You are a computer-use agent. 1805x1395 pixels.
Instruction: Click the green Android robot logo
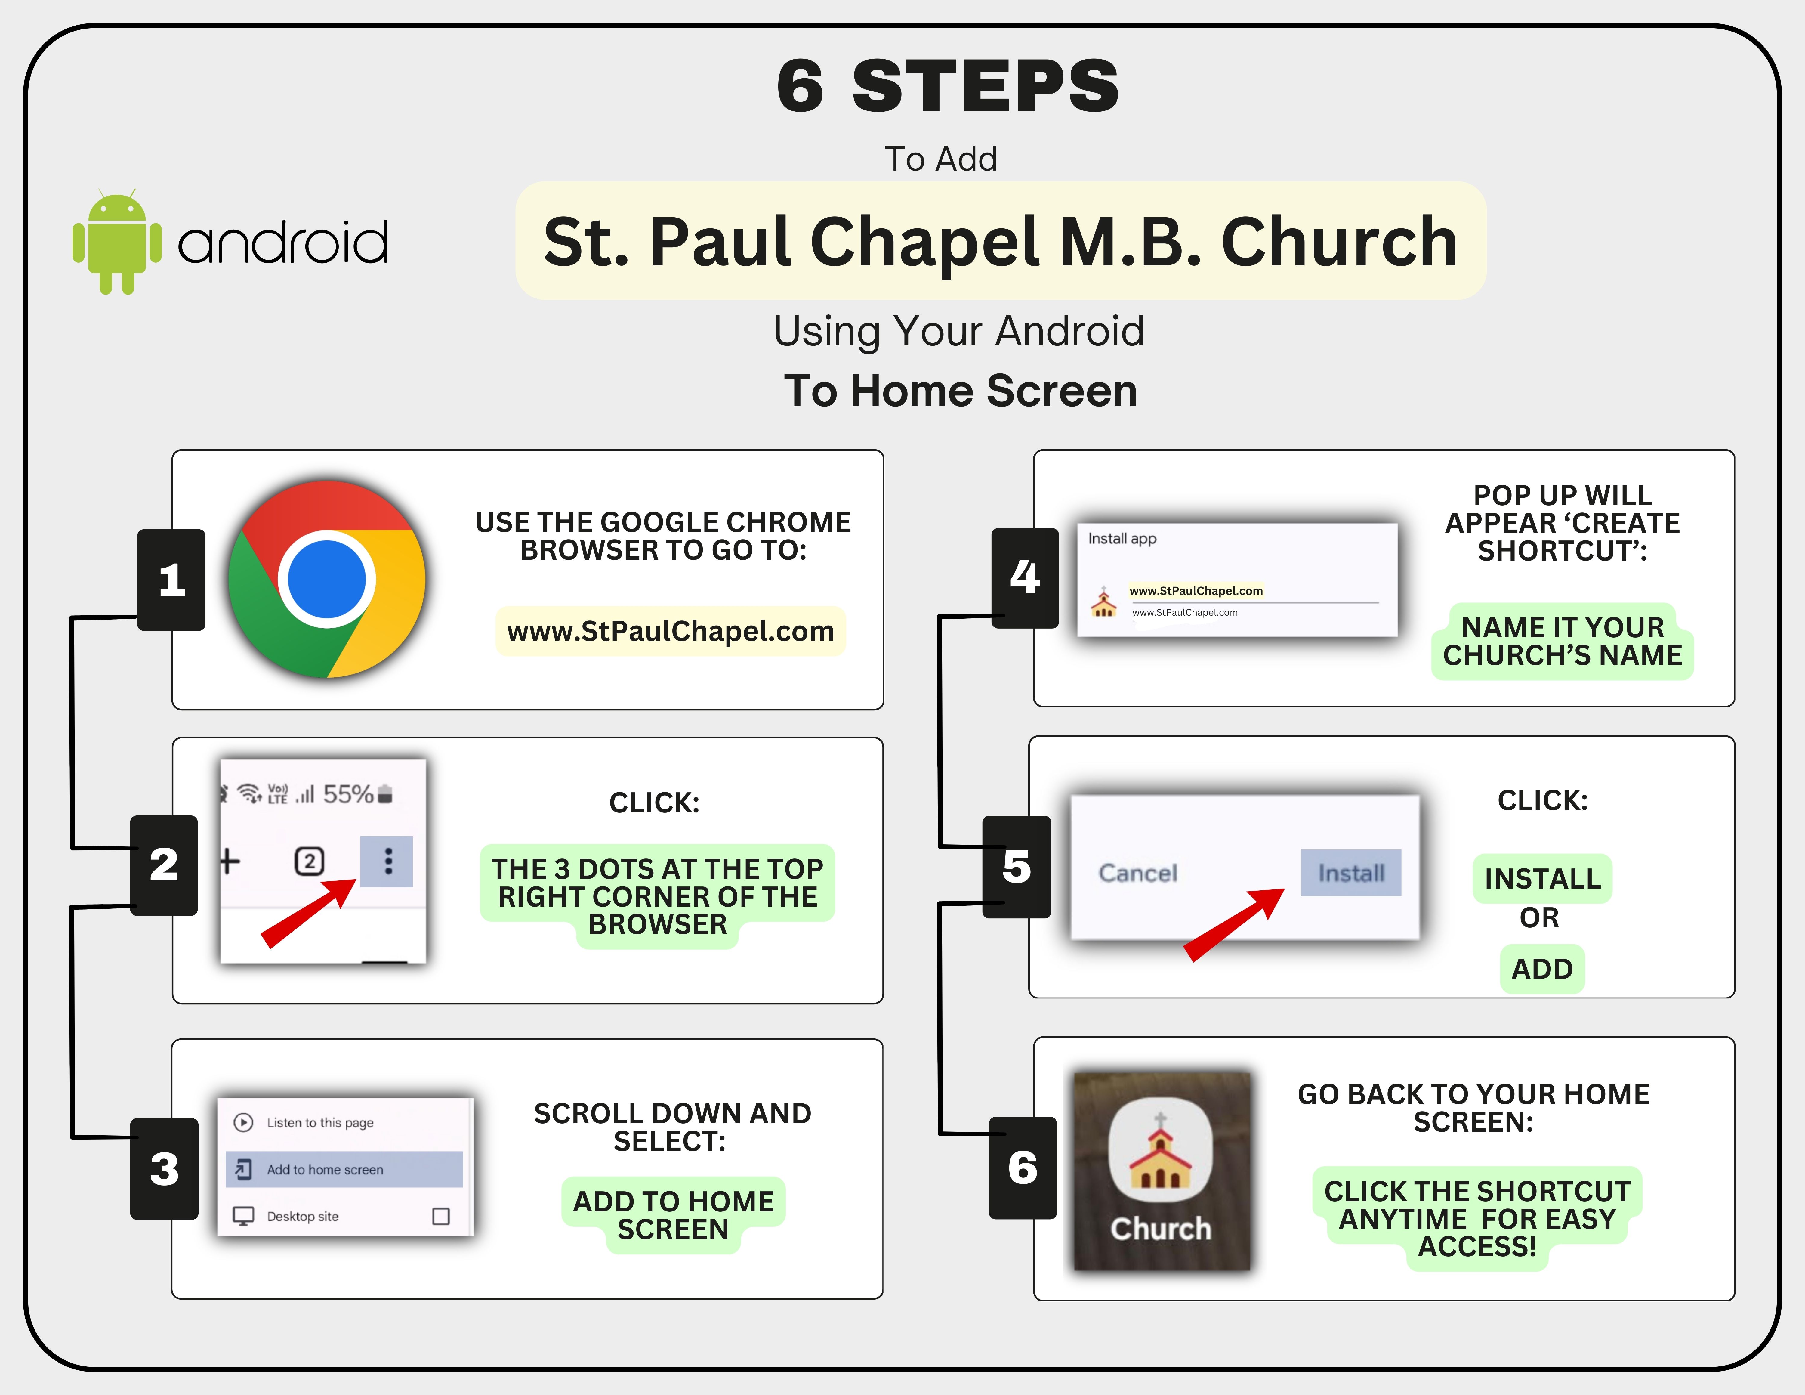click(116, 241)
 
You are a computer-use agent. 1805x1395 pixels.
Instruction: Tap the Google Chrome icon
click(327, 579)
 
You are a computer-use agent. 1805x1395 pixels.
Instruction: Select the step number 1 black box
click(171, 579)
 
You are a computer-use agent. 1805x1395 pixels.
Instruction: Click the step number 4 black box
click(1025, 578)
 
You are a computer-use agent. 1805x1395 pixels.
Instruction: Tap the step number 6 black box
click(1023, 1168)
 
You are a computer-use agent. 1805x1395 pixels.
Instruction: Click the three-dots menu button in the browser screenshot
click(387, 861)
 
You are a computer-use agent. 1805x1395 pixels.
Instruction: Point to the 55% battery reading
click(348, 794)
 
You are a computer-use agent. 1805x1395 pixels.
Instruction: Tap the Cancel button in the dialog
click(1138, 873)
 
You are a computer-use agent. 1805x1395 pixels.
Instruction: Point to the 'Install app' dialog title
click(1122, 539)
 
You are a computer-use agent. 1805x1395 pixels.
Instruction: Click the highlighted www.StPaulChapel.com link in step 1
click(670, 631)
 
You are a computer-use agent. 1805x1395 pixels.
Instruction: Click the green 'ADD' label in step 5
click(1542, 969)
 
